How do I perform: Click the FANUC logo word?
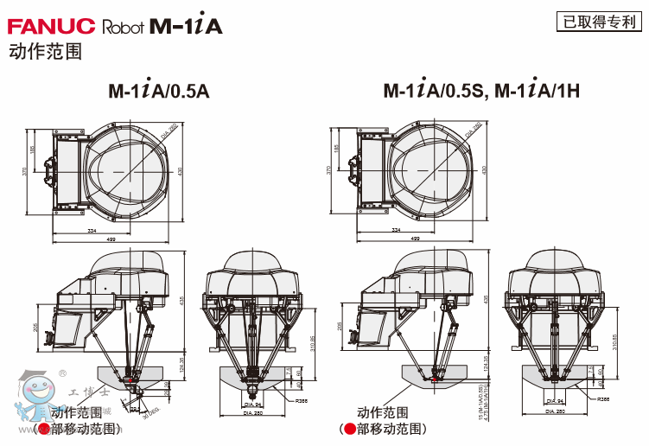click(51, 26)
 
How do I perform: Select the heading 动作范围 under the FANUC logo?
click(44, 52)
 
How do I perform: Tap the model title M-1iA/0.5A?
click(159, 90)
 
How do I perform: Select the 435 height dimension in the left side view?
click(181, 300)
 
